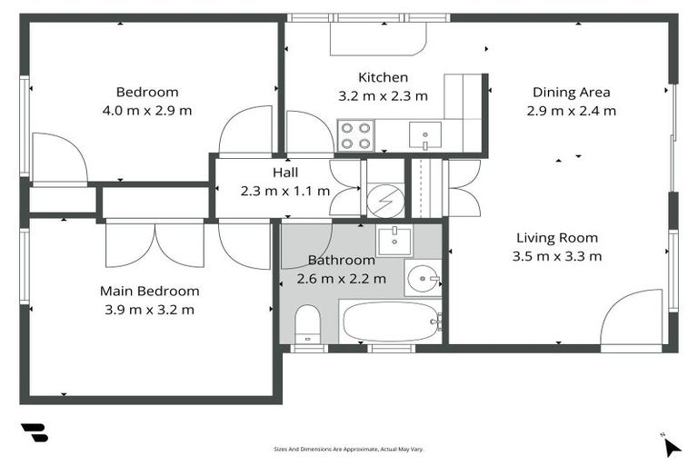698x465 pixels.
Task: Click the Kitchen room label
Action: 383,77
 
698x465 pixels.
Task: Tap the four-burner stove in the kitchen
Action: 355,135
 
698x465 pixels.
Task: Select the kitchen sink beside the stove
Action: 425,134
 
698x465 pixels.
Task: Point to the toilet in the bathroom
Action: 308,324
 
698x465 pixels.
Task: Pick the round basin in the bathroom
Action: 423,279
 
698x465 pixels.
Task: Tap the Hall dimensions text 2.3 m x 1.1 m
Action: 285,192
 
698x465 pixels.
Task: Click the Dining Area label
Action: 571,93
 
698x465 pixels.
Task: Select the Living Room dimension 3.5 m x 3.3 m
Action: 557,257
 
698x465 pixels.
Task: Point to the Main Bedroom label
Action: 150,291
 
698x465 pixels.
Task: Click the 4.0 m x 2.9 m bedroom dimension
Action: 147,111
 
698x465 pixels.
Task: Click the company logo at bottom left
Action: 35,432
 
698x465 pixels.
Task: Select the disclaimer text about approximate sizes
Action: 349,450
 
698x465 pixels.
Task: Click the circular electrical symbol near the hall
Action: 385,202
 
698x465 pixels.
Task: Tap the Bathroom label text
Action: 342,261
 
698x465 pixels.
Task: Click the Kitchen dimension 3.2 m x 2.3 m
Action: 383,96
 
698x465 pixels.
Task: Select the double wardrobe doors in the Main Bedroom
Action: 155,243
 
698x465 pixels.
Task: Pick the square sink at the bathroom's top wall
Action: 394,241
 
